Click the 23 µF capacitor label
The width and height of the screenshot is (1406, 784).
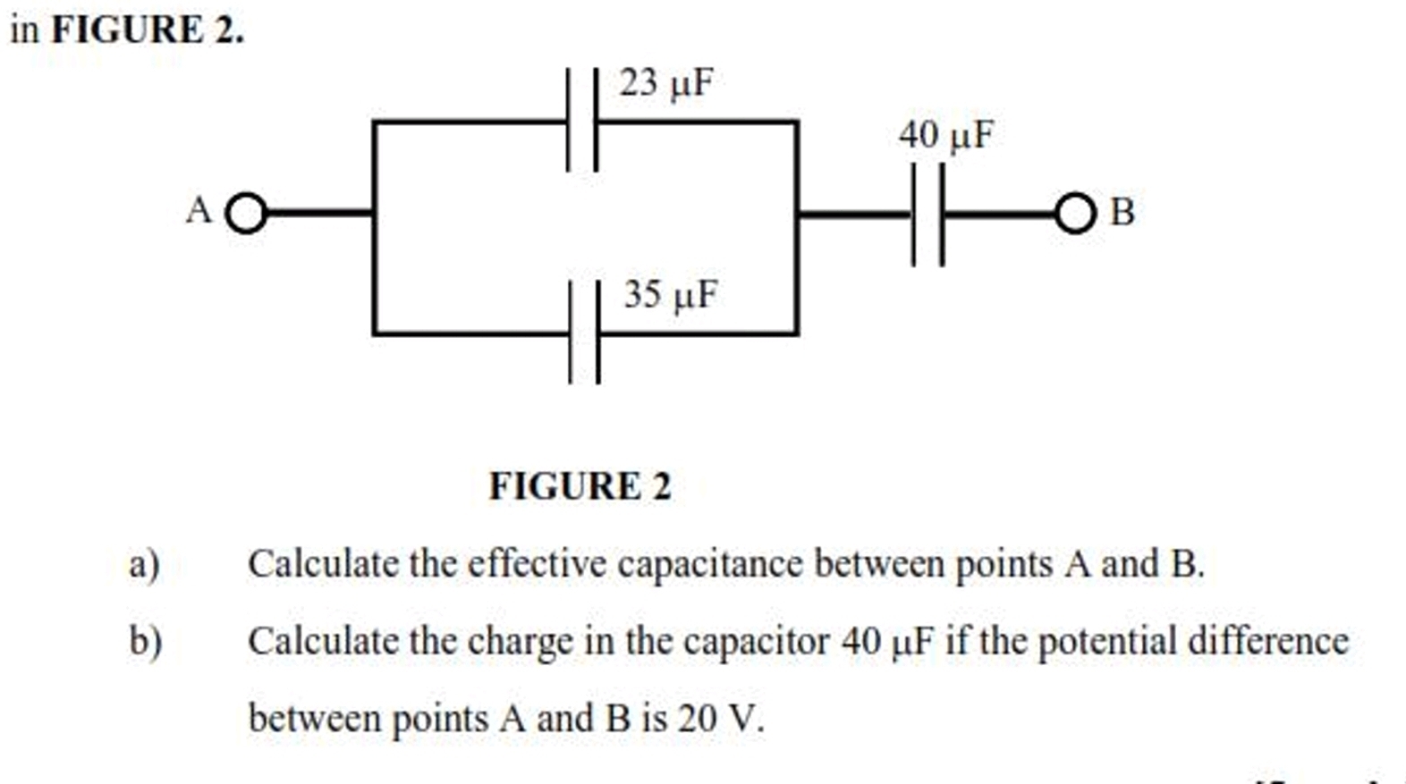(x=667, y=83)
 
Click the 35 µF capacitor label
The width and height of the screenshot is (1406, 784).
(x=671, y=295)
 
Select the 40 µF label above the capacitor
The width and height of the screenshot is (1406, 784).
(x=946, y=136)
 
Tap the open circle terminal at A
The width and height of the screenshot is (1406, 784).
(x=247, y=214)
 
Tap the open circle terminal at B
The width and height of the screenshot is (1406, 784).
(x=1075, y=214)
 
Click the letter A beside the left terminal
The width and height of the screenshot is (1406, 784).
(x=199, y=212)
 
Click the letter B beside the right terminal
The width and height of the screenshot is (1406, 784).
(x=1122, y=213)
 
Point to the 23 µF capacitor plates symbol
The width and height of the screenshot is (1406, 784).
(x=583, y=120)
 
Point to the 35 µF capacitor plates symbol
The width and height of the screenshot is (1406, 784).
(x=585, y=333)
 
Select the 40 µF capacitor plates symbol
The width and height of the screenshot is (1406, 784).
(x=927, y=215)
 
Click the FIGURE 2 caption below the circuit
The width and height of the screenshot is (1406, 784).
(x=580, y=487)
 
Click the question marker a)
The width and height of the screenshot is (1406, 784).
(x=144, y=565)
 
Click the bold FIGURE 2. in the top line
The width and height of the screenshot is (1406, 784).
(x=148, y=30)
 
